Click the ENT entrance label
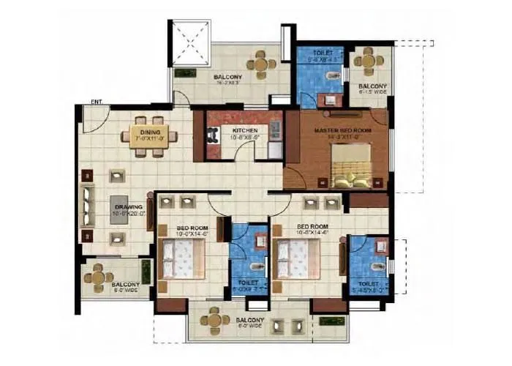[96, 101]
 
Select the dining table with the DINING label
[154, 135]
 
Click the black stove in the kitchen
[213, 135]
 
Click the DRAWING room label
[127, 206]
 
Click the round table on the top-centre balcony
[261, 64]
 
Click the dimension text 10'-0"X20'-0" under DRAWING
[127, 214]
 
